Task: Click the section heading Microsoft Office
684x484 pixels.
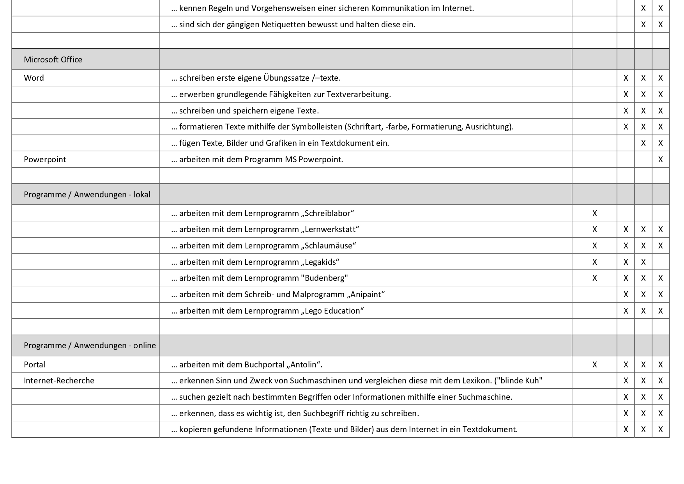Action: point(53,60)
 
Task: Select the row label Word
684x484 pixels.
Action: point(34,78)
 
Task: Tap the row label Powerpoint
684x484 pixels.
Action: point(45,160)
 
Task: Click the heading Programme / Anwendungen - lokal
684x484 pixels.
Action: point(87,195)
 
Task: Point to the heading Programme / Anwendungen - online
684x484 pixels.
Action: point(90,346)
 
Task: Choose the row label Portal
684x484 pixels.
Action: point(34,365)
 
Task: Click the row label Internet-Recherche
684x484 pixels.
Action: point(59,381)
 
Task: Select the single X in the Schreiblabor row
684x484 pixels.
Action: point(594,213)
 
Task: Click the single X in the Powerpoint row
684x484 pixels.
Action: point(660,160)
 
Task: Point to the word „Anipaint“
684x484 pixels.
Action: point(366,294)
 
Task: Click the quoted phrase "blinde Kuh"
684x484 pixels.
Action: point(518,381)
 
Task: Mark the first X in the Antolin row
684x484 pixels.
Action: point(594,365)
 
